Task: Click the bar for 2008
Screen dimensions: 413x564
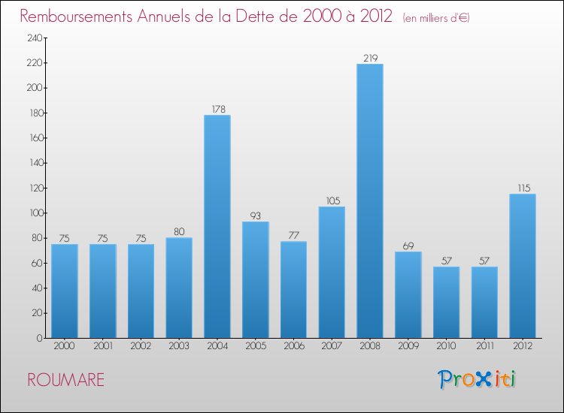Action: point(370,200)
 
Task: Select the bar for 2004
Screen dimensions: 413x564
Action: point(217,226)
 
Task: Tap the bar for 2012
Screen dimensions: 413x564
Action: point(523,266)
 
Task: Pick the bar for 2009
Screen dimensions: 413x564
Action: point(408,294)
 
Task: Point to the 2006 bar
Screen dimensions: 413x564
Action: point(293,289)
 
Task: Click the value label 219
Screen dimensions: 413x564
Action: point(370,58)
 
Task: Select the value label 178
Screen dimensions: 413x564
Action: point(217,109)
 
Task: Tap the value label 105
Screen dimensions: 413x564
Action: point(332,200)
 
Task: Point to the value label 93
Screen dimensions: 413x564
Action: point(256,216)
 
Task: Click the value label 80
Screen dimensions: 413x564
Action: point(179,231)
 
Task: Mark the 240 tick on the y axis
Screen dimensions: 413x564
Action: point(33,38)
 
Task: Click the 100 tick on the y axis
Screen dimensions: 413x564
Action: point(33,213)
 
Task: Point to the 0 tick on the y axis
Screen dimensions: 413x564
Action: point(38,339)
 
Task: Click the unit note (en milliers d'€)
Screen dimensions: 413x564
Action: point(436,18)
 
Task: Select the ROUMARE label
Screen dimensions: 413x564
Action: point(66,380)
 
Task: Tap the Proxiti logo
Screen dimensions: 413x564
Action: point(477,379)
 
